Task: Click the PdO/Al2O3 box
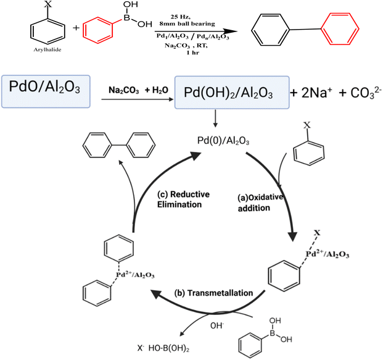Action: [46, 91]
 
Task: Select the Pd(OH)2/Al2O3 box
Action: [232, 92]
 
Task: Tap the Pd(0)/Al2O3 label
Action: [223, 141]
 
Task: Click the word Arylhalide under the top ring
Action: [47, 49]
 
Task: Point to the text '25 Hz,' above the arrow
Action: [180, 17]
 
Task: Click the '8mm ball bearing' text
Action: [187, 23]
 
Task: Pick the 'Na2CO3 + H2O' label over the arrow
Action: [138, 90]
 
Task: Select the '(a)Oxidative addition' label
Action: [260, 203]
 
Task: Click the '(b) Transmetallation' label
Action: [213, 293]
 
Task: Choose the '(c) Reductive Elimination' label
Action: [183, 199]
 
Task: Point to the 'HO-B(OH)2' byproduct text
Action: [169, 348]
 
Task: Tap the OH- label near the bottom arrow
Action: [217, 326]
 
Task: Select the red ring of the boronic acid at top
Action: [97, 30]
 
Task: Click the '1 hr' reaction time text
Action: [193, 52]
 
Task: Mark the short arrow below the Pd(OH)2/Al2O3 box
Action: [215, 119]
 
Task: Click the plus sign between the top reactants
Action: [76, 28]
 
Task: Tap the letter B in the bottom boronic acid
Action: [273, 333]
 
